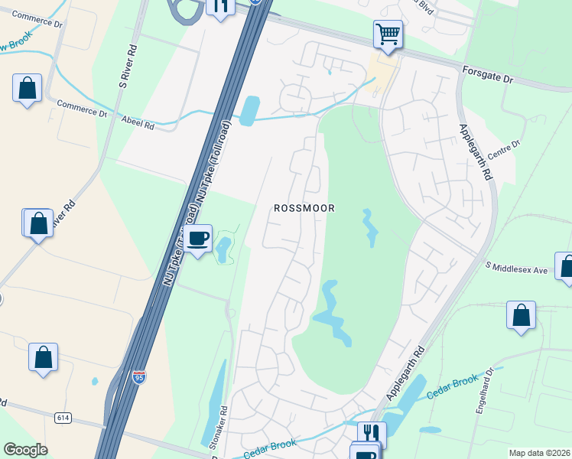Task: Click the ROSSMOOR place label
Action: [x=304, y=208]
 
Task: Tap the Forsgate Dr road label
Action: [x=487, y=73]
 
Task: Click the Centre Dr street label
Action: [x=505, y=145]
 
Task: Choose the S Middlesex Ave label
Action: [x=518, y=269]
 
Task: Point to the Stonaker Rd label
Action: [x=214, y=426]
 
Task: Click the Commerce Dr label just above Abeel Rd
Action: [x=82, y=109]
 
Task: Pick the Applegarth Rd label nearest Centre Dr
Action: [x=474, y=152]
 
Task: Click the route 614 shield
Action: [x=63, y=417]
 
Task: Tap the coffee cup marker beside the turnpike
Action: [x=198, y=239]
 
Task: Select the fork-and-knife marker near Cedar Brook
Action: [x=372, y=434]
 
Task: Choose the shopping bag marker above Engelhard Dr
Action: [x=521, y=315]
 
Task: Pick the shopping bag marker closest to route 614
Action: [x=44, y=356]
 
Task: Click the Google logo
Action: [x=25, y=450]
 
